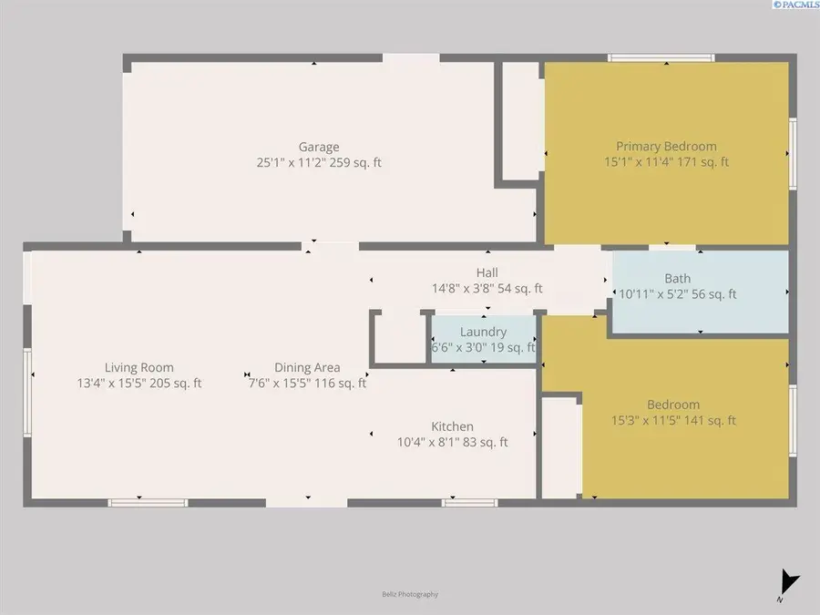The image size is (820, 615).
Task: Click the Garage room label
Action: click(319, 147)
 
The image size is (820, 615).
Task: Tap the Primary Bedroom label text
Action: click(666, 146)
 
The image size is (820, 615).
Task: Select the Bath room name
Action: click(677, 279)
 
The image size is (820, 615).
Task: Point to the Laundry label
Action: click(483, 332)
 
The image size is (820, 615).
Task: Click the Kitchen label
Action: click(452, 426)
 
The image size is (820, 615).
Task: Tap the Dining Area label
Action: click(307, 368)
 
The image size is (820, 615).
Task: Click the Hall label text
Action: click(487, 272)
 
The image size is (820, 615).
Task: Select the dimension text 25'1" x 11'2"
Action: click(291, 163)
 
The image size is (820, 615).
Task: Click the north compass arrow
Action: click(789, 581)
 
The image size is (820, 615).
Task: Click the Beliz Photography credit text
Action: click(410, 594)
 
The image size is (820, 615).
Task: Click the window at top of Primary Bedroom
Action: click(661, 58)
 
